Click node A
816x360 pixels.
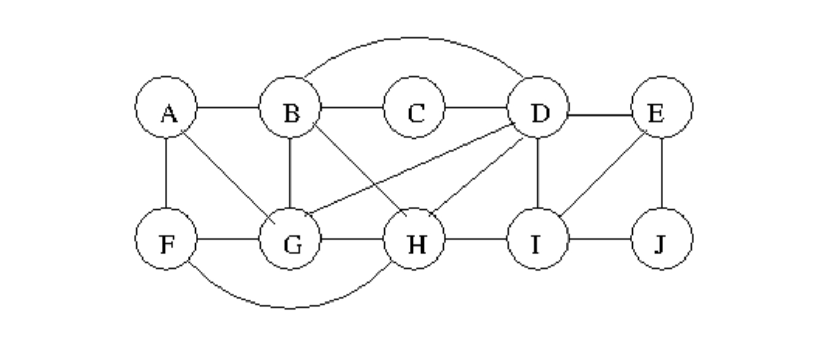click(166, 108)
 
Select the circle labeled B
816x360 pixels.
click(290, 108)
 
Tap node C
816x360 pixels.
click(414, 108)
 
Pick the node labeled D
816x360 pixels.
click(538, 108)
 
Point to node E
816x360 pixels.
click(662, 108)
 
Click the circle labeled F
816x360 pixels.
click(166, 239)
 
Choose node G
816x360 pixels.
click(290, 239)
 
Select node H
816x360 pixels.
click(414, 239)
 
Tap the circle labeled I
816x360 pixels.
click(538, 239)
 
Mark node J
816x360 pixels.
click(662, 239)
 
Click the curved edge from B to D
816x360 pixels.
click(414, 38)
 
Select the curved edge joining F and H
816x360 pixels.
click(290, 308)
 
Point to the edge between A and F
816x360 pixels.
click(166, 174)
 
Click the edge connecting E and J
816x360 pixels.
click(662, 174)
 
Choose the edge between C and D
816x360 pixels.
click(476, 108)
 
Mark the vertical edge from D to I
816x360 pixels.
click(538, 174)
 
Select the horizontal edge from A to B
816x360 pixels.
click(228, 108)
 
